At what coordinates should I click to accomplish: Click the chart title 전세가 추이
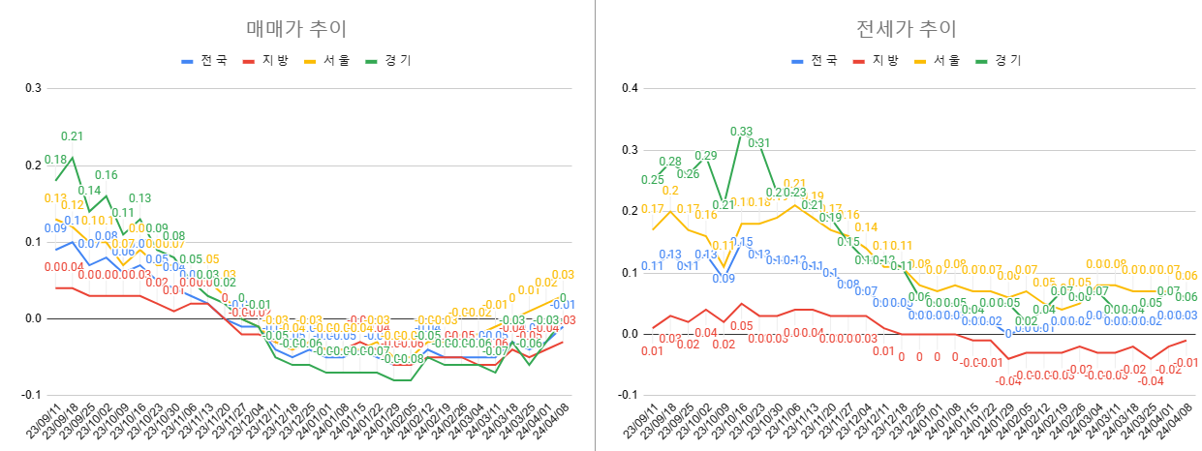(x=901, y=28)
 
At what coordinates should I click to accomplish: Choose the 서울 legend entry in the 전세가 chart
(x=938, y=60)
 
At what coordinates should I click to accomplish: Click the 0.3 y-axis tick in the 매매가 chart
(x=34, y=88)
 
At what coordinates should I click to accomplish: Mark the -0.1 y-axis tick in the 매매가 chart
(x=32, y=395)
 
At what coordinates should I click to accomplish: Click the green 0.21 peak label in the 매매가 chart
(x=72, y=136)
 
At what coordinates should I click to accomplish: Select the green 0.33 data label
(x=741, y=132)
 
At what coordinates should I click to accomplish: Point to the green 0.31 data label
(x=758, y=143)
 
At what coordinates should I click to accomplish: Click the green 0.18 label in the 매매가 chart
(x=55, y=160)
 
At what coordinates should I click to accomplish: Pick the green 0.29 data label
(x=705, y=156)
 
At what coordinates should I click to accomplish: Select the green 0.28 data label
(x=669, y=162)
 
